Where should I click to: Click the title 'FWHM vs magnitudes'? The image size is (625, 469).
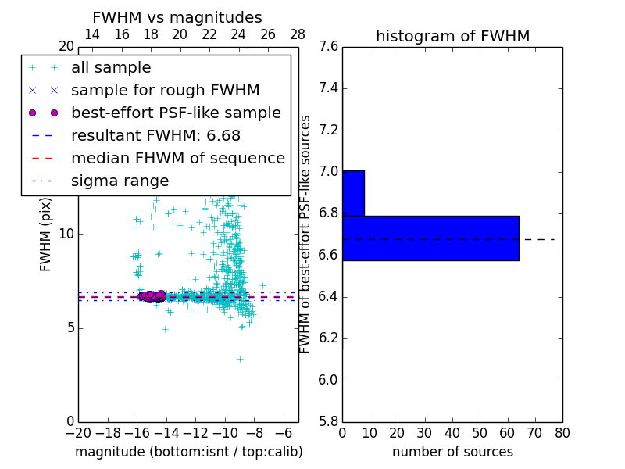coord(177,17)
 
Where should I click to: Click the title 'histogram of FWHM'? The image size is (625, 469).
coord(452,36)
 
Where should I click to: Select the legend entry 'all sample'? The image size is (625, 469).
coord(111,68)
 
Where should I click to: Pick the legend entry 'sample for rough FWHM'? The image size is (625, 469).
coord(165,91)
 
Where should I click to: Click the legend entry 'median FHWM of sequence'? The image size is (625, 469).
coord(177,159)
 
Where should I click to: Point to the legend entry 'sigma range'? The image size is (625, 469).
coord(120,181)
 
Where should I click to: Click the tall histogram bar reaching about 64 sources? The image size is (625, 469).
coord(430,238)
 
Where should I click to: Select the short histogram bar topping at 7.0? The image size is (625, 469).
coord(353,193)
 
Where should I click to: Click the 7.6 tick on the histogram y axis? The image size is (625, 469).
coord(328,47)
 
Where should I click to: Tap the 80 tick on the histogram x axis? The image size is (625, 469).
coord(562,432)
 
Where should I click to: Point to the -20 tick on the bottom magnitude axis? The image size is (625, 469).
coord(78,432)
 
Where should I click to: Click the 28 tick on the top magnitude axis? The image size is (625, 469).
coord(298,34)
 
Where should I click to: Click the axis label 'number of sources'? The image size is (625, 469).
coord(452,452)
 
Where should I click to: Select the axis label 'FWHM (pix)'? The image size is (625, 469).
coord(46,234)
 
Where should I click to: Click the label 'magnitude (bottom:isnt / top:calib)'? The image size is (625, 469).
coord(188,452)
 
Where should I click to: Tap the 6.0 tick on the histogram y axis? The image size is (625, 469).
coord(328,381)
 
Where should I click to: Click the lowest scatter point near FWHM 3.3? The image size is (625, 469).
coord(241,359)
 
